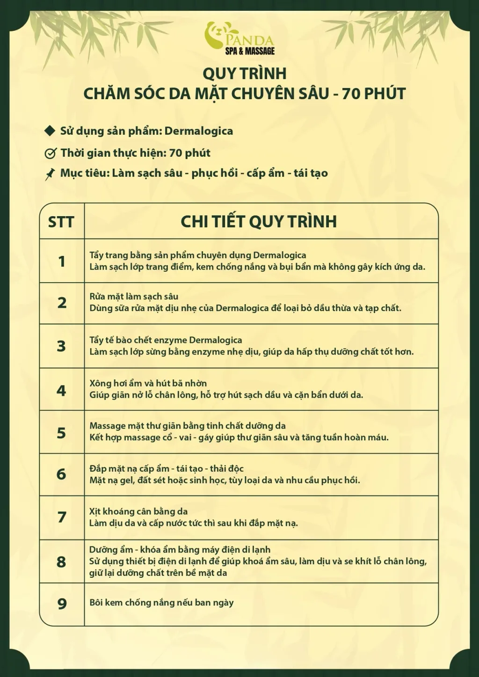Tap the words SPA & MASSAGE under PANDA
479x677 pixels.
[250, 51]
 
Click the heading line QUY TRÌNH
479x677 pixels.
[244, 73]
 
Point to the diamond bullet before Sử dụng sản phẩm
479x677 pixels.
[50, 131]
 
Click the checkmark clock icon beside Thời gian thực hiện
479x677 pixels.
[50, 153]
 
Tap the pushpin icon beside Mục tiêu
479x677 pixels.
[50, 174]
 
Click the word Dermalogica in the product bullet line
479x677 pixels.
[199, 131]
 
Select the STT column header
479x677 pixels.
[61, 222]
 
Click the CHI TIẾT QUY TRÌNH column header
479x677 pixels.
[259, 221]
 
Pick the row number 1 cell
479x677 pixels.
[61, 261]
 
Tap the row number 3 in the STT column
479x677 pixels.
[61, 346]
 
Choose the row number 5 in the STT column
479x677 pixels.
[61, 433]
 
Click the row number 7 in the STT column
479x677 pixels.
[61, 517]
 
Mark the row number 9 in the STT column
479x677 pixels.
[61, 604]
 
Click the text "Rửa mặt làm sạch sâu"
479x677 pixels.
[134, 297]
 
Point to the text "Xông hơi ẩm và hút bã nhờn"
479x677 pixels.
[148, 383]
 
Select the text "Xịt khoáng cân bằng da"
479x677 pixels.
[138, 511]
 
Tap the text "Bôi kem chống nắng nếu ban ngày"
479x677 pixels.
[161, 603]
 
